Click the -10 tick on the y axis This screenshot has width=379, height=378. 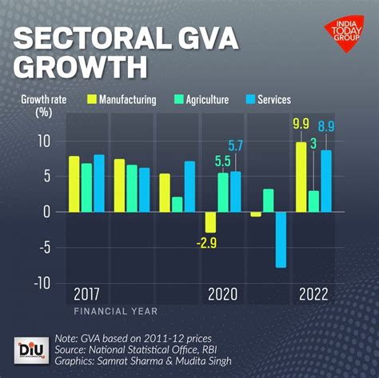pos(42,282)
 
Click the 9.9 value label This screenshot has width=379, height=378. pos(301,124)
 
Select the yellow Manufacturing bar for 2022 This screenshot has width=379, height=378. pos(301,177)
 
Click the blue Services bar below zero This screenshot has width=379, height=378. pos(281,240)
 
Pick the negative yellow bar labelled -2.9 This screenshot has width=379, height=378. pos(210,221)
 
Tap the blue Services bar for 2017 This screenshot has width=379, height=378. pos(99,183)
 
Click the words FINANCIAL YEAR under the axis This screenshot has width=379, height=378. pos(116,310)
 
